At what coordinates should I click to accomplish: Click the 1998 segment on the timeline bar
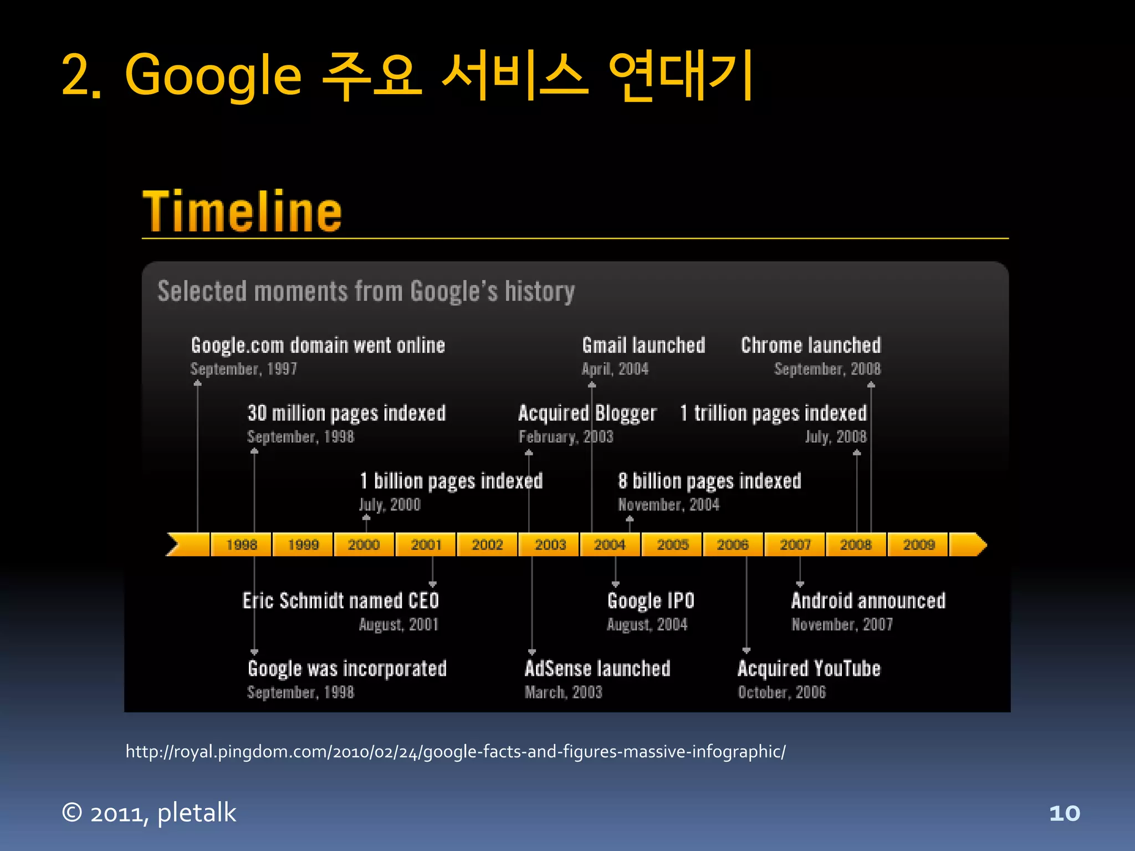click(x=242, y=545)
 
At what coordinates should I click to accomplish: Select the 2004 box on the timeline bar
click(x=610, y=545)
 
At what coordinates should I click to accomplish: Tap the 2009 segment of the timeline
click(x=918, y=545)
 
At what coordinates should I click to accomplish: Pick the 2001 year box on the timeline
click(x=426, y=545)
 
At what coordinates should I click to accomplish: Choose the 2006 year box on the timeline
click(x=733, y=545)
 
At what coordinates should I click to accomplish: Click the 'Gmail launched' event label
click(x=643, y=346)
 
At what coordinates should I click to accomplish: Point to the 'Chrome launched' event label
click(x=811, y=346)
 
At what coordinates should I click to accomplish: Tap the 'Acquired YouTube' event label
click(x=809, y=669)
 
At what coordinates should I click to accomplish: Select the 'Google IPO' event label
click(x=651, y=601)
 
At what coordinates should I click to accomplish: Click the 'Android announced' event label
click(x=868, y=601)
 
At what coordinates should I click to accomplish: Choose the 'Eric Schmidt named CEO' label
click(x=341, y=601)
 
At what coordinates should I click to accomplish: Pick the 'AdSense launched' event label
click(x=597, y=669)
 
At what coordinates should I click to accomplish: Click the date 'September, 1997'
click(x=244, y=369)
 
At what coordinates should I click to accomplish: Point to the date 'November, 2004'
click(x=668, y=505)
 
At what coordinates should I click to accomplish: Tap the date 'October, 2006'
click(x=781, y=693)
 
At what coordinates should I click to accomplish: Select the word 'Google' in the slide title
click(x=213, y=75)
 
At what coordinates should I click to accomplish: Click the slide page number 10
click(x=1065, y=813)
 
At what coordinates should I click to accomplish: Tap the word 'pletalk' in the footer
click(x=197, y=813)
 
